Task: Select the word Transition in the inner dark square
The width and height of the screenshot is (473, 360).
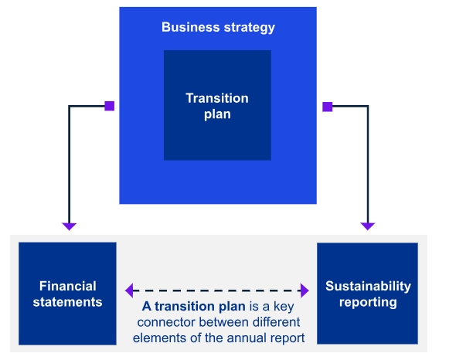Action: click(217, 98)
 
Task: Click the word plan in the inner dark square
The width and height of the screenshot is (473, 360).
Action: click(217, 114)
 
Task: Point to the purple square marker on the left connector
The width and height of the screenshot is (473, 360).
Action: click(109, 106)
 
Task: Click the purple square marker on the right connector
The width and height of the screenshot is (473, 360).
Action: click(327, 106)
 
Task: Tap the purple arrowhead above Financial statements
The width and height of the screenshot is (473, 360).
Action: click(70, 226)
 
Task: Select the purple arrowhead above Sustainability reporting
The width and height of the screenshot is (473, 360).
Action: click(368, 226)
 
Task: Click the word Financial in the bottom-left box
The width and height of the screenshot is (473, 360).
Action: click(67, 287)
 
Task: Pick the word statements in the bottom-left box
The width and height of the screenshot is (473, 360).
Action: click(67, 302)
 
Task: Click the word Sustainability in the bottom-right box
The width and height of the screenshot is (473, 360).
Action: click(368, 287)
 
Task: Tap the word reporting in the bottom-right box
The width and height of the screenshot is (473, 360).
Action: click(368, 302)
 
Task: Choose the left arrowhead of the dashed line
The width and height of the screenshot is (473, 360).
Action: click(129, 290)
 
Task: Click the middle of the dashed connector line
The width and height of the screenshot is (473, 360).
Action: click(217, 290)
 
